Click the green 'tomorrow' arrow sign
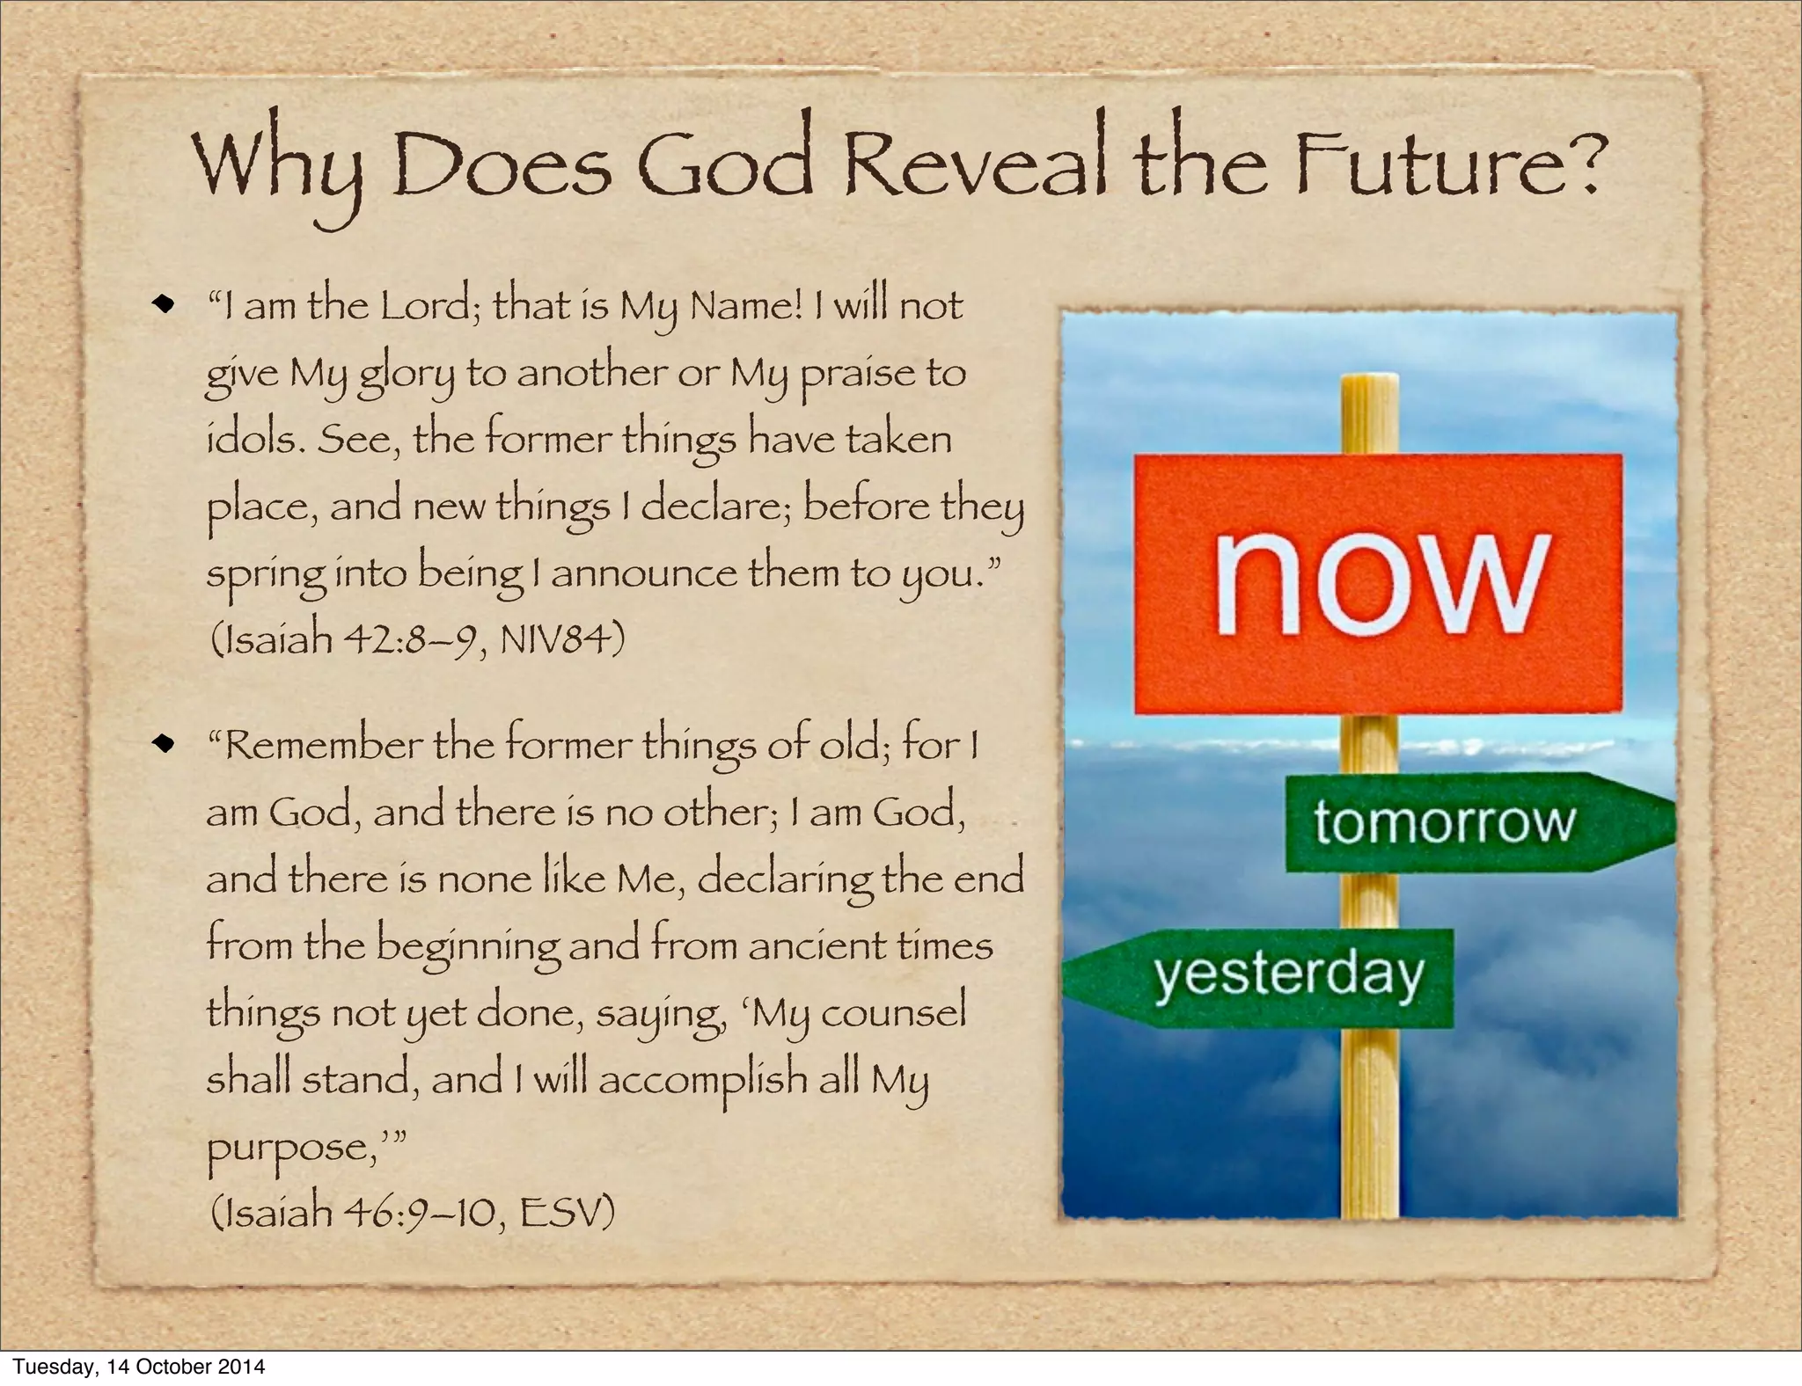pos(1461,821)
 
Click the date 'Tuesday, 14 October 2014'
pos(138,1367)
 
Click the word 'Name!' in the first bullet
pos(746,306)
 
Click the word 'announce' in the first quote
pos(643,574)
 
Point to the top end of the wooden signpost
pos(1369,383)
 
